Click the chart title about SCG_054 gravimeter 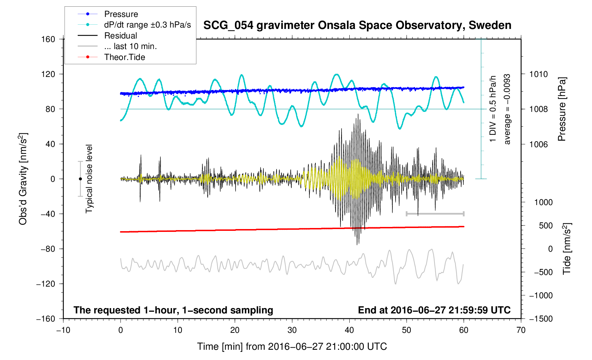coord(357,25)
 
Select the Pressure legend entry coord(121,14)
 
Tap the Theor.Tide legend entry coord(124,57)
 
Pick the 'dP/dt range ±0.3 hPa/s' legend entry coord(147,25)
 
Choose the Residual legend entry coord(120,36)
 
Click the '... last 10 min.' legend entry coord(130,46)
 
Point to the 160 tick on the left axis coord(48,39)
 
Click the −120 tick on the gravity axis coord(46,284)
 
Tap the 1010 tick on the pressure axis coord(538,74)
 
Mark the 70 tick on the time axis coord(521,330)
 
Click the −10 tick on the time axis coord(63,330)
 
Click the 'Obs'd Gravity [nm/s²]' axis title coord(23,179)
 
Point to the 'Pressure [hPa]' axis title coord(562,109)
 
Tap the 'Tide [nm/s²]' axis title coord(567,248)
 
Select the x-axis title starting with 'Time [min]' coord(292,347)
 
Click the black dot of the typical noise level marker coord(80,179)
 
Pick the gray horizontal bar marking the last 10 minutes coord(435,214)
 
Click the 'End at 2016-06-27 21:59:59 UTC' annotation coord(434,310)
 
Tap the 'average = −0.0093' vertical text coord(507,109)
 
